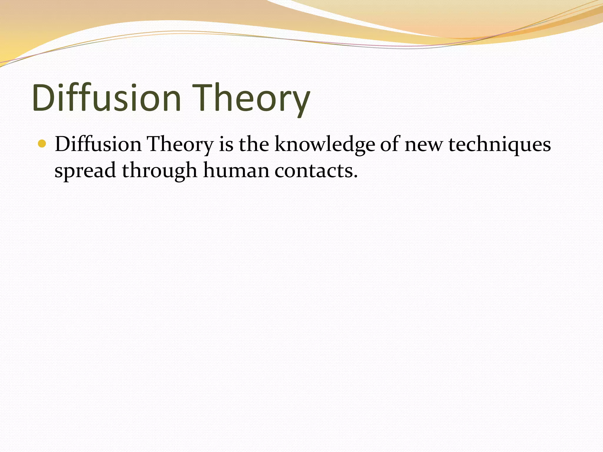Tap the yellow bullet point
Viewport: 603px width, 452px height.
[42, 144]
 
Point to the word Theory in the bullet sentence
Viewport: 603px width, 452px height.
[180, 145]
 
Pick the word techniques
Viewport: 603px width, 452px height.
[499, 145]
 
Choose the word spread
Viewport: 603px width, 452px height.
[85, 171]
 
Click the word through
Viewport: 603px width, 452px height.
[159, 171]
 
